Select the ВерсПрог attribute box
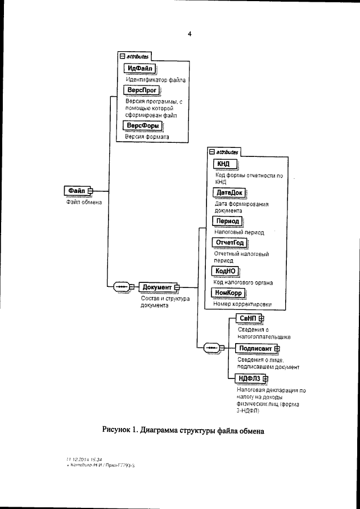point(139,90)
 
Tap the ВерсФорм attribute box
point(141,125)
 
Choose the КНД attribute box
point(224,164)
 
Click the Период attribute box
point(228,221)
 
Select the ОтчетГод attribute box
point(229,243)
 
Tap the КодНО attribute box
point(226,271)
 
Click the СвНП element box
point(247,318)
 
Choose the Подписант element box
point(255,348)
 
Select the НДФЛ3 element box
point(250,378)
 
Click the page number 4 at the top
point(190,34)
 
